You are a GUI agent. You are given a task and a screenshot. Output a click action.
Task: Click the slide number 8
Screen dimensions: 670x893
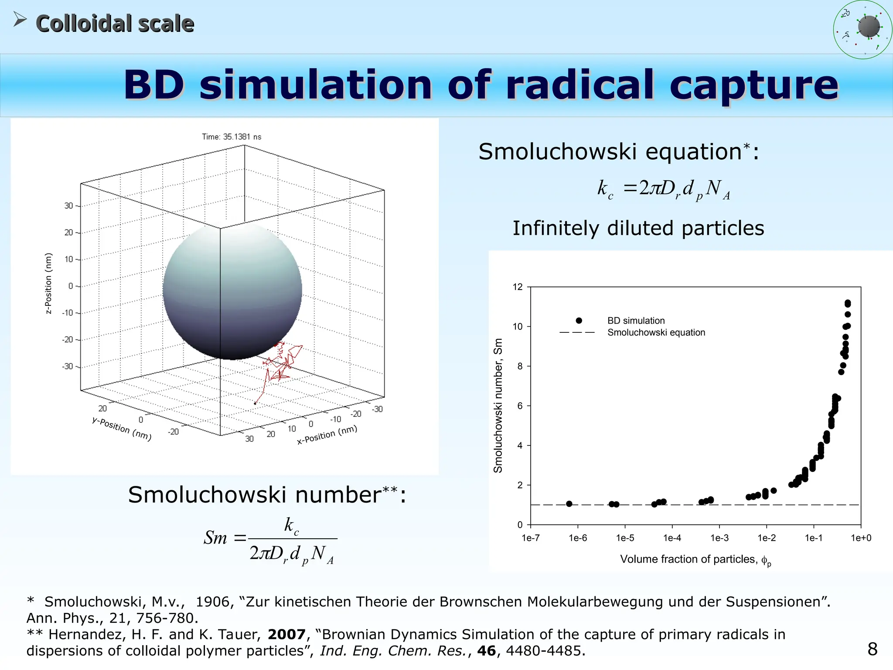click(873, 649)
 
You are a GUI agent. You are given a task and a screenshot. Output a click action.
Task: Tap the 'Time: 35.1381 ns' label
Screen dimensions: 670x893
click(232, 137)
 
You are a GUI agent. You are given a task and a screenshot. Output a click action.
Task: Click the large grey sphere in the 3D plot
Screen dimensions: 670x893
click(232, 291)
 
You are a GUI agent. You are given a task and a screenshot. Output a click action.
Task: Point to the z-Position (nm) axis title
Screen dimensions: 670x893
click(48, 284)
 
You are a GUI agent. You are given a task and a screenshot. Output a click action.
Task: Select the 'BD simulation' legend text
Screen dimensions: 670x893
click(636, 321)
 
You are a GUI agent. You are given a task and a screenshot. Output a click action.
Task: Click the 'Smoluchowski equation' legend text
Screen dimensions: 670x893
click(656, 332)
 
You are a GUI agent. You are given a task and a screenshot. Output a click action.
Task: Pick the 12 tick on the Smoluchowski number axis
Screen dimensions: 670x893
click(518, 287)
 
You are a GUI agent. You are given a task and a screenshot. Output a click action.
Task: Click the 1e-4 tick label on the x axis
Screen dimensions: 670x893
click(672, 538)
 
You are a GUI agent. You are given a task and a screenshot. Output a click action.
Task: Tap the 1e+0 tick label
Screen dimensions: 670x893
click(861, 538)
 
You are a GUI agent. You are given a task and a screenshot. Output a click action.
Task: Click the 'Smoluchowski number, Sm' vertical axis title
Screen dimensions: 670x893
click(498, 406)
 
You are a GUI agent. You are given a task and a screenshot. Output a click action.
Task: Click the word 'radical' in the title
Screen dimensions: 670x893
click(580, 85)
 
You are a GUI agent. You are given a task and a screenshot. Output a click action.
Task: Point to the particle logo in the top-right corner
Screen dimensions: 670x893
click(862, 30)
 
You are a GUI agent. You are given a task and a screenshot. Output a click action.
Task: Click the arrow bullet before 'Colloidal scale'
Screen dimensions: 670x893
click(20, 19)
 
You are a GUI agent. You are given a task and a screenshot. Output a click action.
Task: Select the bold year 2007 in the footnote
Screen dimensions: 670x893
click(286, 634)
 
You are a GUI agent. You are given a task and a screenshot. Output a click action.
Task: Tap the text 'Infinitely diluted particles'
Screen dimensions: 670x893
click(638, 228)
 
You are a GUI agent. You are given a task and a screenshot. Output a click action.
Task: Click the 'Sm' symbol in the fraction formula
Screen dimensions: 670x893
click(215, 538)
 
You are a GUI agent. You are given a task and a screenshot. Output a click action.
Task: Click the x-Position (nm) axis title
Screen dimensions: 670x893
click(327, 435)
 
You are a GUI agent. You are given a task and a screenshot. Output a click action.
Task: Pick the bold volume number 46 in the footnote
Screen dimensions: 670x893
click(487, 651)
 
